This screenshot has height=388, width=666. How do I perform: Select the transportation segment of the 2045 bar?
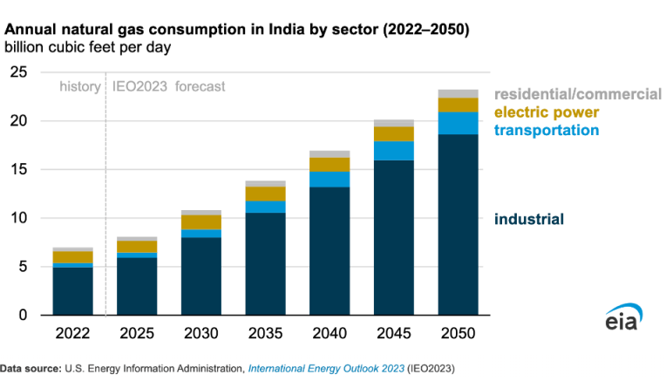pyautogui.click(x=393, y=151)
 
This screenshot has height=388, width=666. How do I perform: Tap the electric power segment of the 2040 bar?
pyautogui.click(x=330, y=165)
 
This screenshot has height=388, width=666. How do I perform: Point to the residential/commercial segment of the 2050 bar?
pyautogui.click(x=458, y=93)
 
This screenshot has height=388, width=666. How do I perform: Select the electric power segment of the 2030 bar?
pyautogui.click(x=200, y=222)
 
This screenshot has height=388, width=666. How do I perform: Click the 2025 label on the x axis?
pyautogui.click(x=137, y=334)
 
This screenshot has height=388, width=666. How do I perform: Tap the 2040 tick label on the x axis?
pyautogui.click(x=330, y=334)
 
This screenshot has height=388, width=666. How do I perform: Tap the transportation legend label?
pyautogui.click(x=547, y=130)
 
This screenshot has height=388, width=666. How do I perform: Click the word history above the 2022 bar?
pyautogui.click(x=79, y=86)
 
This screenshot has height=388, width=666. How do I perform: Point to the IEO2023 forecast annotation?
pyautogui.click(x=169, y=86)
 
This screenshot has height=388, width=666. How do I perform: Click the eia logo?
pyautogui.click(x=624, y=319)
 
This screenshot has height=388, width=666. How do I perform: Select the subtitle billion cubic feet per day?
pyautogui.click(x=86, y=45)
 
